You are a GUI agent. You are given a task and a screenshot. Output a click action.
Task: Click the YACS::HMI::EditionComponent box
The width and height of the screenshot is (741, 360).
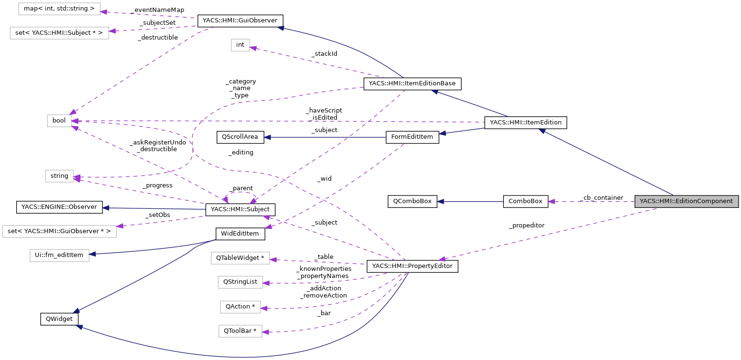[x=686, y=201]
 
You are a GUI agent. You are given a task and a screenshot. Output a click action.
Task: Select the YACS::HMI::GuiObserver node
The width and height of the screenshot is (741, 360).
[x=240, y=21]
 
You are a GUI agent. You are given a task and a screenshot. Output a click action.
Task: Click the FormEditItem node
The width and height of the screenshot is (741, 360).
[x=412, y=137]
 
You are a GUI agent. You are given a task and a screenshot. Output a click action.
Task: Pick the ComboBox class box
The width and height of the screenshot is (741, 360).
[x=525, y=201]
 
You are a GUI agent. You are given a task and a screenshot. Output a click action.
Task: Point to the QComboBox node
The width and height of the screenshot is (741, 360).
[x=412, y=201]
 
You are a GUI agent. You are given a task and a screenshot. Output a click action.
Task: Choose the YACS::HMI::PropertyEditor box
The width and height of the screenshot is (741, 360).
[x=412, y=266]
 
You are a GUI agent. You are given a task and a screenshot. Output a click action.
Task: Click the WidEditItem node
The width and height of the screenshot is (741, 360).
[x=240, y=234]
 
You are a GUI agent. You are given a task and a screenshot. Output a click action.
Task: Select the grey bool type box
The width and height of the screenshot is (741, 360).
[x=59, y=121]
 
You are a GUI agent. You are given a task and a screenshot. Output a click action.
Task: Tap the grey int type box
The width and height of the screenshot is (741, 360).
[x=240, y=45]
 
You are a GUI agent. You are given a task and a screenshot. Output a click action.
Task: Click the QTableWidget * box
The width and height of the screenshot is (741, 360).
[x=240, y=258]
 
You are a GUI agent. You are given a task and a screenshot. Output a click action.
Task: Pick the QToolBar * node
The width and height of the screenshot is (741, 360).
[x=240, y=331]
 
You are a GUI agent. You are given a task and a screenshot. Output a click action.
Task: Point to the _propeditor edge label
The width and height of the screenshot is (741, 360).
[x=526, y=225]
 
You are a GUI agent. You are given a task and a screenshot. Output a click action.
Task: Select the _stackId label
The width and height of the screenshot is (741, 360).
[x=324, y=54]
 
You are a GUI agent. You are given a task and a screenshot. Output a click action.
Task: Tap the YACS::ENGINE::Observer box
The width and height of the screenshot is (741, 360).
[x=59, y=207]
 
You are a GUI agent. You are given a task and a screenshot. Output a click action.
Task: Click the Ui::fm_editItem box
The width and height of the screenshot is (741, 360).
[x=59, y=255]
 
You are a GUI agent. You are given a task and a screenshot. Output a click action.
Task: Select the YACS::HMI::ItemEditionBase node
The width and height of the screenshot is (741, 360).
[x=412, y=83]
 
